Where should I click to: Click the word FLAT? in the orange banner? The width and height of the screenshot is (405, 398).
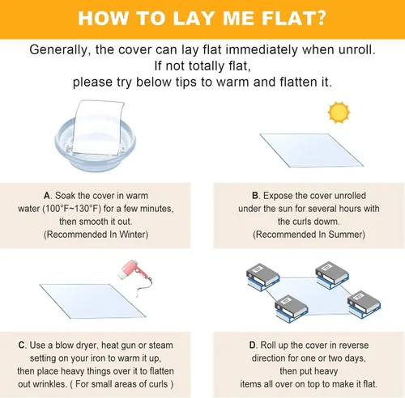294,18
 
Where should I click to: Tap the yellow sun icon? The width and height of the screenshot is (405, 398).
339,112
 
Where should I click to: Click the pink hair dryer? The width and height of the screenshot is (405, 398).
130,270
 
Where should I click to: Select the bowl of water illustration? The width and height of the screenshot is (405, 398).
95,144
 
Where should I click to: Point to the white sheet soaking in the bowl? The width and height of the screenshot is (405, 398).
99,127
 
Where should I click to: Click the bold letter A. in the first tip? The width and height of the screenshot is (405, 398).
48,196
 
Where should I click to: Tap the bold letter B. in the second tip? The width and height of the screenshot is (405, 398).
256,196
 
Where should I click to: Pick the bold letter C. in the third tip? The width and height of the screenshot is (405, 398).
23,345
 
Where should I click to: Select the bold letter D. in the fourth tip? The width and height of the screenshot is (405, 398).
253,345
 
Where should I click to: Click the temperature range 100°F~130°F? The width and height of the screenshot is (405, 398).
71,209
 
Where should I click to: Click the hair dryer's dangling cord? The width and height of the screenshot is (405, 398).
143,286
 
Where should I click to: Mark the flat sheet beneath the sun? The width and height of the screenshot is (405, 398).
312,150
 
